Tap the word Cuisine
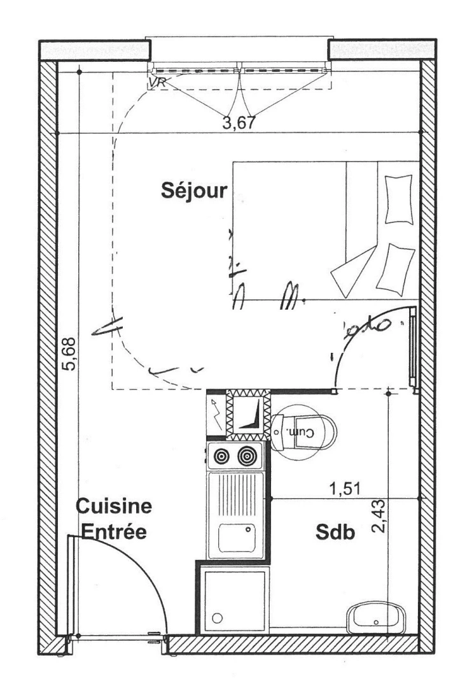coord(114,507)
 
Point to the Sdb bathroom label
coord(335,532)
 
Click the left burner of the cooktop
coord(221,456)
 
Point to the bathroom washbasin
coord(375,618)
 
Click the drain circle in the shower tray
coord(218,618)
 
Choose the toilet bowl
coord(309,433)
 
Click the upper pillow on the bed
coord(399,198)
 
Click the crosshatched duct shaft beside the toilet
coord(249,415)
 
